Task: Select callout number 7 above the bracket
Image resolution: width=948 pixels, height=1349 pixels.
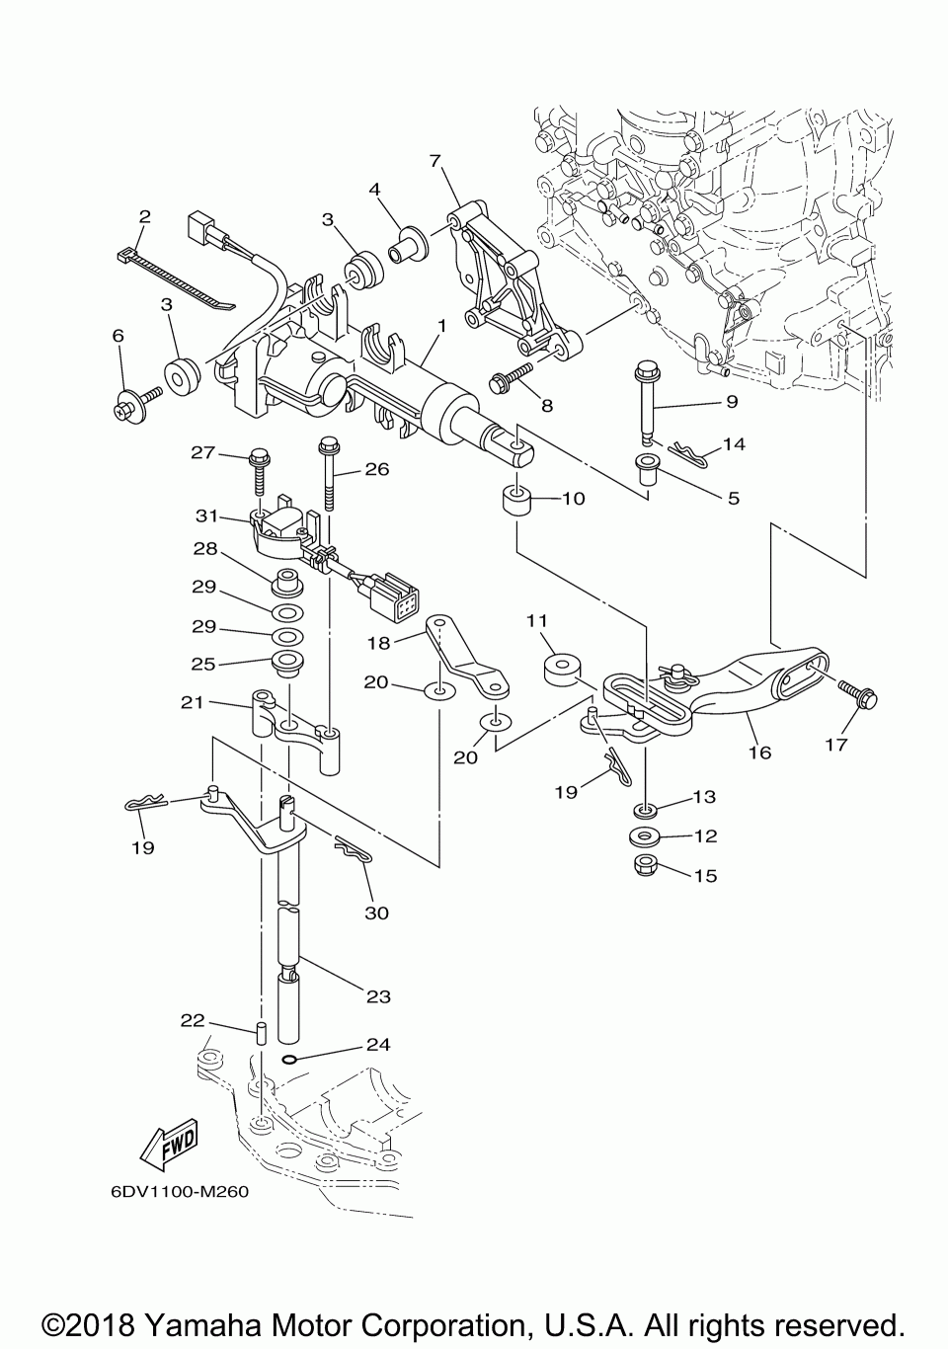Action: pyautogui.click(x=434, y=161)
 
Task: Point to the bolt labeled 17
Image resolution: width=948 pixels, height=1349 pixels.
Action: pyautogui.click(x=858, y=694)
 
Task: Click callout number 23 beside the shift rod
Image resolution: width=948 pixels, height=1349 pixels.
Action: pyautogui.click(x=378, y=996)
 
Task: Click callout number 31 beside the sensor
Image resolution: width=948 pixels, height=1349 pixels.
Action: pyautogui.click(x=206, y=516)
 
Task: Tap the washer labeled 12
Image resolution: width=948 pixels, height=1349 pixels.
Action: pyautogui.click(x=643, y=836)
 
